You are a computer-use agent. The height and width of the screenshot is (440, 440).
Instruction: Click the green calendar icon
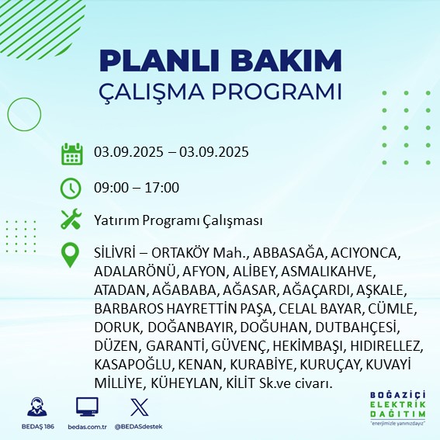tap(71, 153)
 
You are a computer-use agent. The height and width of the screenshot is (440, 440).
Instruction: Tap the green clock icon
tap(71, 187)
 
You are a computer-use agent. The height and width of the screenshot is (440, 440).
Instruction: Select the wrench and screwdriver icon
tap(71, 220)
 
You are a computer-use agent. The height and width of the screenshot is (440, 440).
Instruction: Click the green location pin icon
tap(71, 255)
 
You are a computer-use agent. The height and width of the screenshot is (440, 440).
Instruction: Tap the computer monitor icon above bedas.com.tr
tap(87, 407)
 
